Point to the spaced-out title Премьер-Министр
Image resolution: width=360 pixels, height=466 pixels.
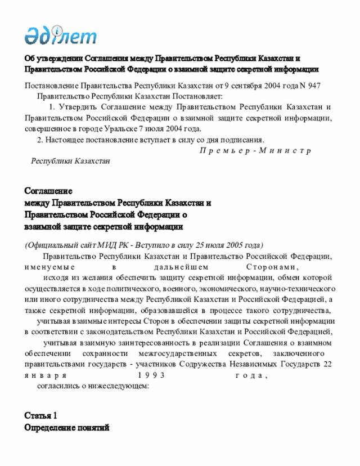click(255, 151)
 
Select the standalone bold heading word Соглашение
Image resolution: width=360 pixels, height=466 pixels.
click(48, 191)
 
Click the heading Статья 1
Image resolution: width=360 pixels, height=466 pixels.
click(40, 416)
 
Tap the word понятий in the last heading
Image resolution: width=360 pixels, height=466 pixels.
click(92, 428)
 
